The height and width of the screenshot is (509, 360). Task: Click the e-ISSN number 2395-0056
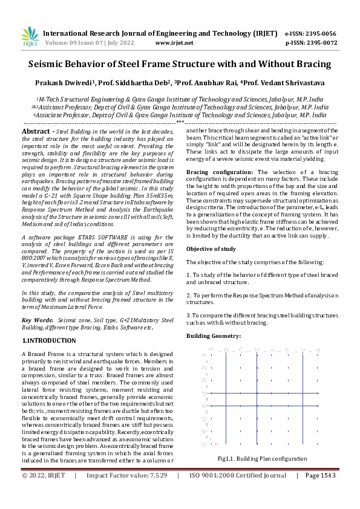coord(321,34)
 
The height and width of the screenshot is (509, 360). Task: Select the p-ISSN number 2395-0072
coord(321,43)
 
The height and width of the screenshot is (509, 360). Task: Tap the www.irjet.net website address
coord(174,43)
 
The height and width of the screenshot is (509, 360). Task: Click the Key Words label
coord(36,319)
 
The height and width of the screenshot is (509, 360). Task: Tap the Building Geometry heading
coord(214,335)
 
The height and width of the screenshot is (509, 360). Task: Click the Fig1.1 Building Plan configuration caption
coord(263,459)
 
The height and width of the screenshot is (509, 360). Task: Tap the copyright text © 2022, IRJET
coord(43,493)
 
